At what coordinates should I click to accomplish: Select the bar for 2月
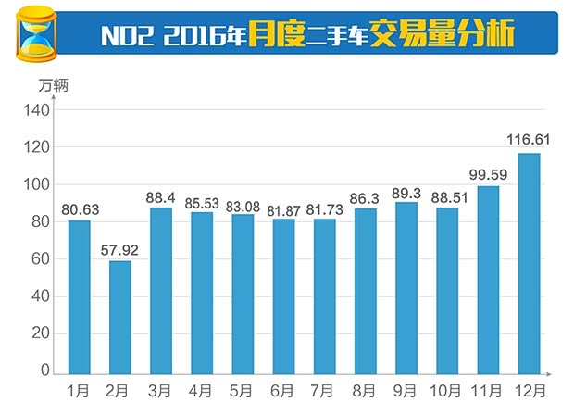tap(120, 317)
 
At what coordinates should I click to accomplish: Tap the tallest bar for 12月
tap(529, 263)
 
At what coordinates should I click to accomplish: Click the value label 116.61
tap(529, 140)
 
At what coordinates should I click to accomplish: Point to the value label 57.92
tap(120, 249)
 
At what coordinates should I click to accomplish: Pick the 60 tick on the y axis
tap(39, 259)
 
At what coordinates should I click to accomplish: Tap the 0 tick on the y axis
tap(43, 371)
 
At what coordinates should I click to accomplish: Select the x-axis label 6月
tap(283, 390)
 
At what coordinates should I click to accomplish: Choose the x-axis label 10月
tap(447, 390)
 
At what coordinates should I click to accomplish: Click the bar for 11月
tap(488, 279)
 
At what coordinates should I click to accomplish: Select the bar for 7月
tap(324, 296)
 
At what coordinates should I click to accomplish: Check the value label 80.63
tap(80, 207)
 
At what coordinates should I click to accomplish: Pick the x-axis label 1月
tap(80, 390)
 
